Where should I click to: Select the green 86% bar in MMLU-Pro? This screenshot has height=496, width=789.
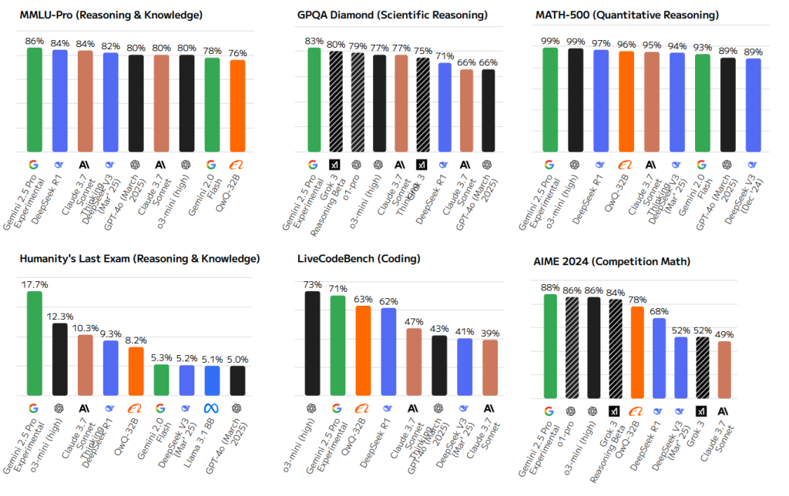(34, 100)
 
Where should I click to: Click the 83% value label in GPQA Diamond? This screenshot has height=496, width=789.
(313, 41)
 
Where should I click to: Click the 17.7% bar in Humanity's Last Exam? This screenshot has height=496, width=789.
(34, 344)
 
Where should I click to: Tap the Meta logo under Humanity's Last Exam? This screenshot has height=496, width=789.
(212, 408)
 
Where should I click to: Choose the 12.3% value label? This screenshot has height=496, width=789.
(59, 317)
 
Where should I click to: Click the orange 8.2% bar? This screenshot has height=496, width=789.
(136, 371)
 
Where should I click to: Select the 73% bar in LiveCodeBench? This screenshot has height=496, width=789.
(313, 344)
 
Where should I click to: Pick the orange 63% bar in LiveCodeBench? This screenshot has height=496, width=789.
(363, 351)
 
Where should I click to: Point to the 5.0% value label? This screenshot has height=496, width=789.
(237, 359)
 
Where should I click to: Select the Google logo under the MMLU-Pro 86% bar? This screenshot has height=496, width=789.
(34, 164)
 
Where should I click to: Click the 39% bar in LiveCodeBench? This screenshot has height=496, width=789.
(490, 367)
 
